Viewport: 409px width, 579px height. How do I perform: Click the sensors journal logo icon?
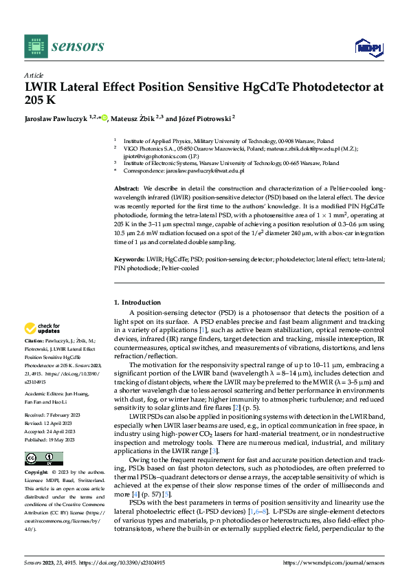tap(34, 45)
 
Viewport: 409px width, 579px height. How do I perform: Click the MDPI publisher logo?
tap(368, 46)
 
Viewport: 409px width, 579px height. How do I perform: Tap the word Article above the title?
tap(34, 74)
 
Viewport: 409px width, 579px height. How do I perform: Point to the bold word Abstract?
tap(128, 188)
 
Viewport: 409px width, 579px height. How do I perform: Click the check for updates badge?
tap(44, 328)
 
